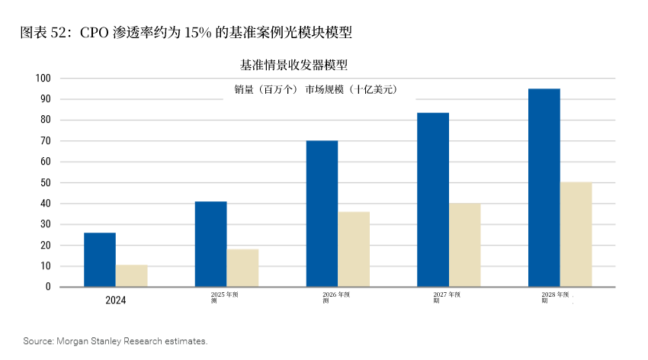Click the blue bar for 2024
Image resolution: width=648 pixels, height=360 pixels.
tap(100, 260)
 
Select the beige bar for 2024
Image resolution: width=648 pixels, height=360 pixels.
tap(132, 276)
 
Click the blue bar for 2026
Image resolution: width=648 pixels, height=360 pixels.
tap(322, 214)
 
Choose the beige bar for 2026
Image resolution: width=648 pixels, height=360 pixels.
tap(354, 249)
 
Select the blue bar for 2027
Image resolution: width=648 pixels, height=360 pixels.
tap(433, 200)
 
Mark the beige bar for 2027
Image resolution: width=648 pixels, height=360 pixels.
tap(465, 245)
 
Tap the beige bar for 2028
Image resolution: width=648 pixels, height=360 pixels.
tap(576, 235)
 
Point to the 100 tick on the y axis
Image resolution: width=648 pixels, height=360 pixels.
tap(43, 79)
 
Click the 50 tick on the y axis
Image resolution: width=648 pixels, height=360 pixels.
tap(45, 183)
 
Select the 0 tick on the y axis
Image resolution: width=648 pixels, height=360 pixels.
tap(47, 288)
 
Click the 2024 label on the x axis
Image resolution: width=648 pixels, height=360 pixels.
tap(116, 301)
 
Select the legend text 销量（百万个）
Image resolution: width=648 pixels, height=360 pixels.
tap(266, 90)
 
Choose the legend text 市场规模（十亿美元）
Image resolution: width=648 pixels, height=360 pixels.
tap(351, 90)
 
